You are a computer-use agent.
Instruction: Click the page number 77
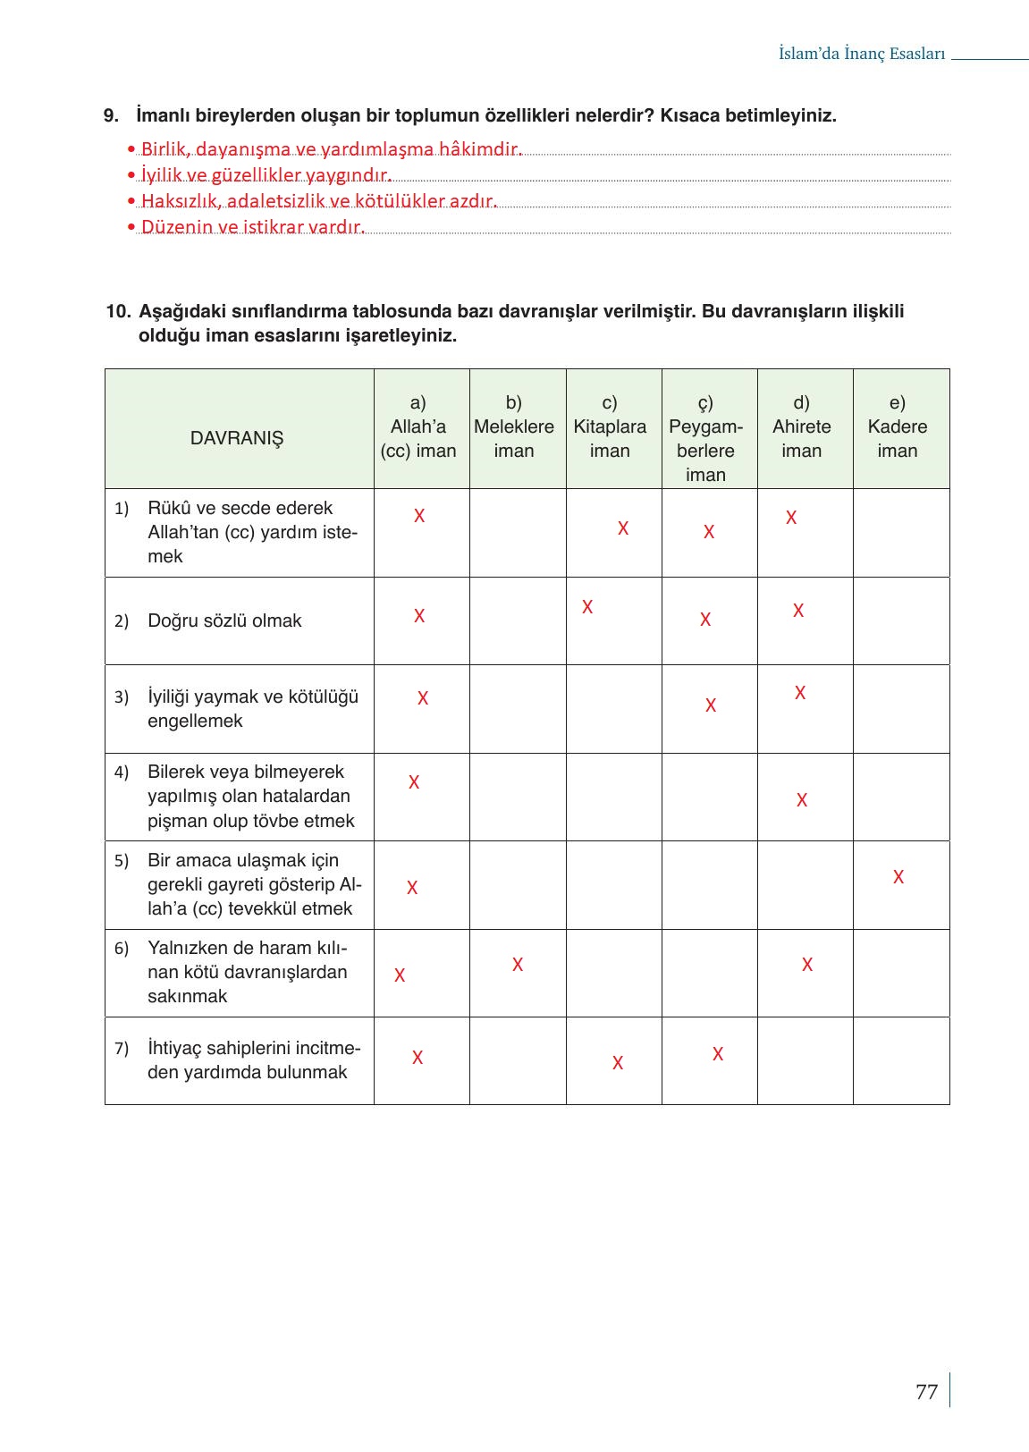[x=926, y=1391]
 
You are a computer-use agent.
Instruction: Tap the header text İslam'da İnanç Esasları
[x=861, y=54]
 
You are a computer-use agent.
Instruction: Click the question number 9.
[x=111, y=115]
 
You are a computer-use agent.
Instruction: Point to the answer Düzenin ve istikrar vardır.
[x=252, y=227]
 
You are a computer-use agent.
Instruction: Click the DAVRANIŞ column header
[x=237, y=438]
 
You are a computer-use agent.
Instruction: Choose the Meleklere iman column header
[x=514, y=426]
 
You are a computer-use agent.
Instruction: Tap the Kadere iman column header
[x=897, y=426]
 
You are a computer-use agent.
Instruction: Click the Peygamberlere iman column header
[x=705, y=438]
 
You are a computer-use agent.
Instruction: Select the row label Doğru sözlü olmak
[x=224, y=620]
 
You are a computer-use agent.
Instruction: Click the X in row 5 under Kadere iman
[x=898, y=877]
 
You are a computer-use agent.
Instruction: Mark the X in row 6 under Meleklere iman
[x=518, y=965]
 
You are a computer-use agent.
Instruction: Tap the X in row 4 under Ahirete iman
[x=802, y=800]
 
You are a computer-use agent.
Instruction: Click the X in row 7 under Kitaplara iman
[x=618, y=1063]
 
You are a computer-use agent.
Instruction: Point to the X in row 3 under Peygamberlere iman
[x=711, y=705]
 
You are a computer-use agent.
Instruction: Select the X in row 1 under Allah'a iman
[x=419, y=516]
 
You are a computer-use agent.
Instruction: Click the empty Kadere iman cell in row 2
[x=900, y=620]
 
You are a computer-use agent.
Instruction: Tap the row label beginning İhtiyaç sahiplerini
[x=253, y=1059]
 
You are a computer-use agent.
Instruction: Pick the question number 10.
[x=118, y=311]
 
